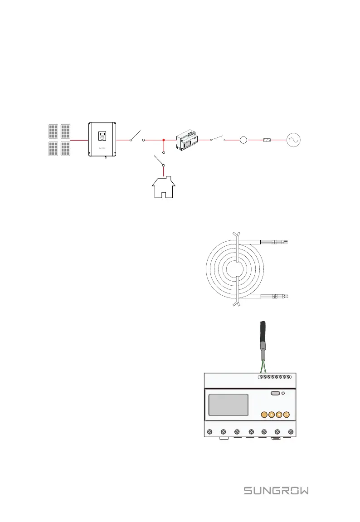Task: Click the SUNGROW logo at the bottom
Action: pyautogui.click(x=277, y=491)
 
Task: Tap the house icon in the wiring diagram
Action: pyautogui.click(x=163, y=188)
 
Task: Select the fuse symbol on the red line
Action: pyautogui.click(x=268, y=141)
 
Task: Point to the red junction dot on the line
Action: pyautogui.click(x=163, y=141)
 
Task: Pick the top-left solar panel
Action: pyautogui.click(x=53, y=132)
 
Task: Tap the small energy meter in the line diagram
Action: pyautogui.click(x=187, y=140)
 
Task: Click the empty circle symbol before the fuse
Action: pyautogui.click(x=243, y=141)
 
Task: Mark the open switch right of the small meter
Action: pyautogui.click(x=218, y=138)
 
